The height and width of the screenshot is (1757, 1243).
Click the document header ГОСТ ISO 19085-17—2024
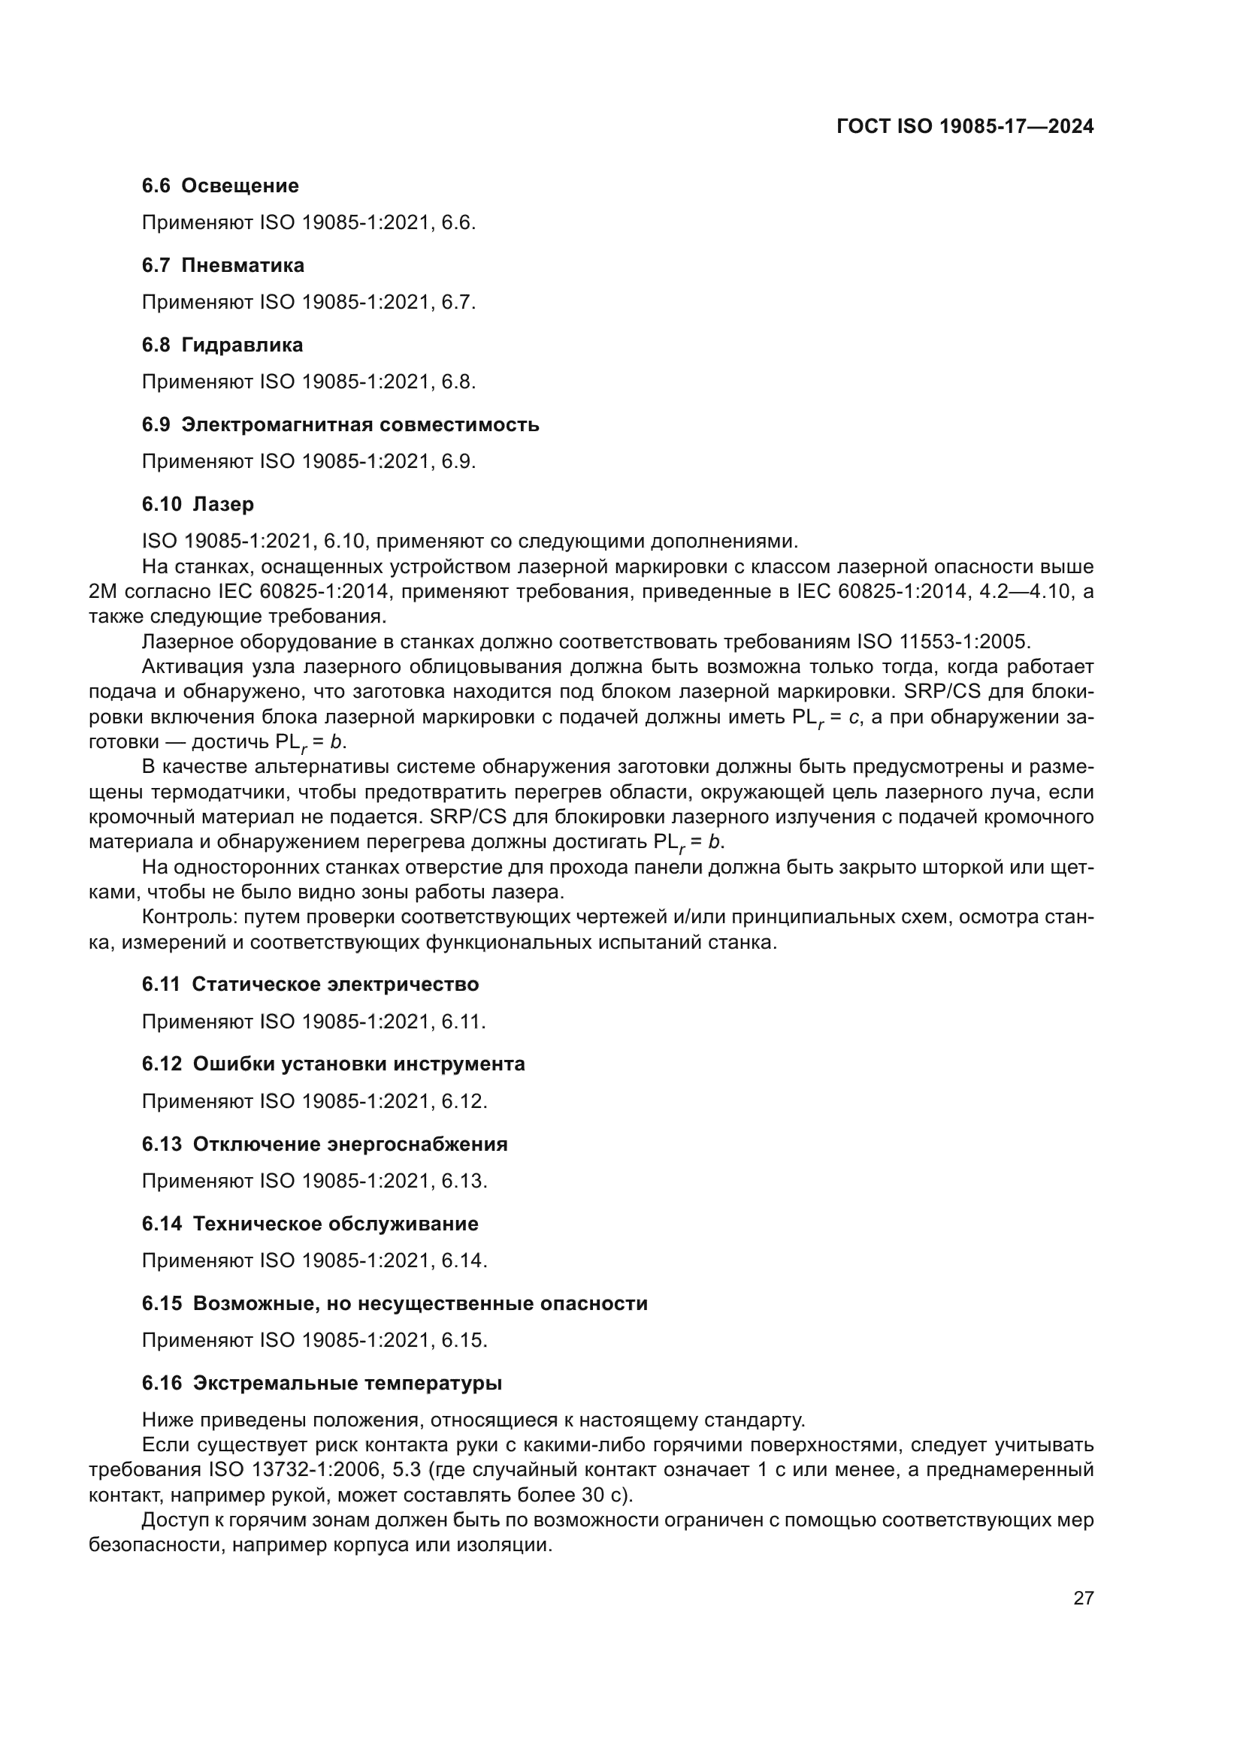(965, 127)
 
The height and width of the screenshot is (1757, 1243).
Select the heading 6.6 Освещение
(220, 186)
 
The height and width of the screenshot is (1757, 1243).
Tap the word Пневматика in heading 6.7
(243, 265)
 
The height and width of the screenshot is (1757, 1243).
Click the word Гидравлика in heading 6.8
(242, 345)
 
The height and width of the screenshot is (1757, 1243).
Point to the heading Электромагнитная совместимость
(360, 424)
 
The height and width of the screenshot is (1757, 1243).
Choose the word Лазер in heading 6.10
(223, 504)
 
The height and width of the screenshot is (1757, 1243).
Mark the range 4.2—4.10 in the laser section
(1023, 591)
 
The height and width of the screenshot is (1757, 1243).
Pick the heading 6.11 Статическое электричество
(310, 984)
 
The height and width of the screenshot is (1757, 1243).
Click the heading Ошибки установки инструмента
(359, 1064)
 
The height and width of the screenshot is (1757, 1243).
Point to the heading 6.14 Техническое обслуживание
(310, 1224)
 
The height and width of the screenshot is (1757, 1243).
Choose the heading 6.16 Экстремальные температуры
(322, 1383)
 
